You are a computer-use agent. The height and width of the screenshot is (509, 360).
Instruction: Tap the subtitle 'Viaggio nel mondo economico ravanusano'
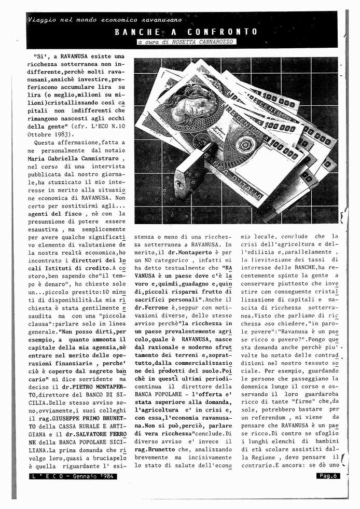[105, 20]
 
